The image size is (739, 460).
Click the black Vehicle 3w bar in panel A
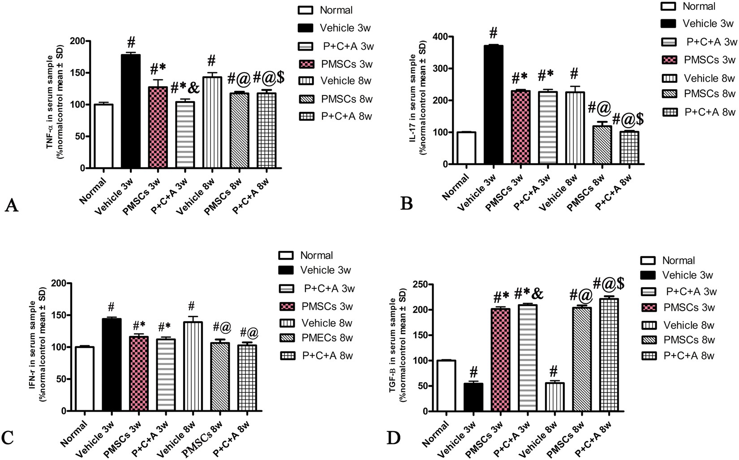point(131,112)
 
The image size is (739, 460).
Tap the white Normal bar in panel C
point(85,379)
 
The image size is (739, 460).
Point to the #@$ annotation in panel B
point(628,120)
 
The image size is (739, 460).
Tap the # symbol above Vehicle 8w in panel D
point(554,371)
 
